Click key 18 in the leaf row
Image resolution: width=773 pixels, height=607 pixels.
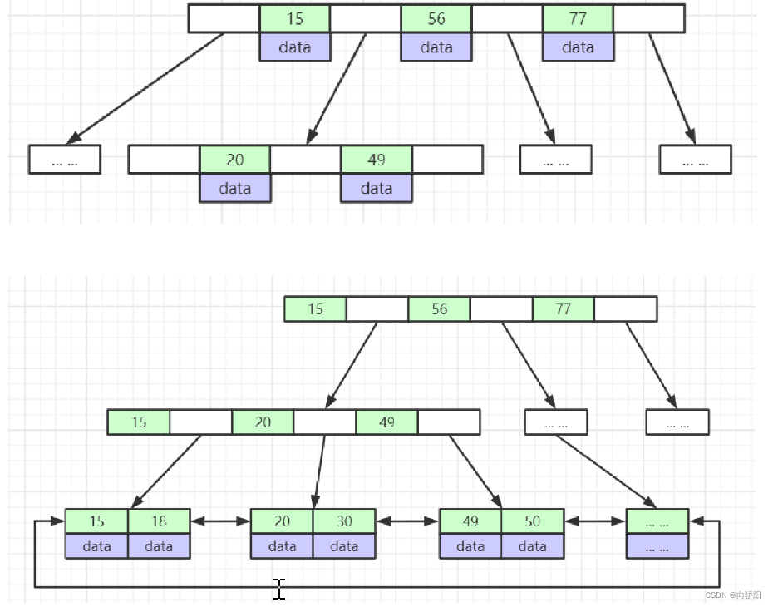(x=159, y=521)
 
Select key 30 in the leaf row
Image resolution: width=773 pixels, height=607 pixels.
(x=344, y=521)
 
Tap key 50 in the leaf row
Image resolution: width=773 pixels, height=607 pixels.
(x=532, y=521)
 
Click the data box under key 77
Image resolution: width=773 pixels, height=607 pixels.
(x=578, y=47)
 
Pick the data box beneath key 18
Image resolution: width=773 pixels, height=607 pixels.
(x=159, y=546)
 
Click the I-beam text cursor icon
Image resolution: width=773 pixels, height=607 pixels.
(x=279, y=589)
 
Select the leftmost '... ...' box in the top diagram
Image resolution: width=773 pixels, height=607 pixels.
(x=65, y=160)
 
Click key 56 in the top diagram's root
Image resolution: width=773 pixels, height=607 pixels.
(x=436, y=18)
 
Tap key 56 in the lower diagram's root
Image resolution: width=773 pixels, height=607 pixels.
(x=439, y=309)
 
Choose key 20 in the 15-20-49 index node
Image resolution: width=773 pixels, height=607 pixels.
(x=263, y=422)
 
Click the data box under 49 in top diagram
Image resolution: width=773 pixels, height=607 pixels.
(x=377, y=189)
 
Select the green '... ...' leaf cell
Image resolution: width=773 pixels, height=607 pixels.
(x=657, y=521)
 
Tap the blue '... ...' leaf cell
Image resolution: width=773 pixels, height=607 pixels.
(x=657, y=546)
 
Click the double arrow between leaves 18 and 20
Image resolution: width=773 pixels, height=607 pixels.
(x=220, y=521)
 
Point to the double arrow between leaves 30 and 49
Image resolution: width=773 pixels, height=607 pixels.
(x=407, y=521)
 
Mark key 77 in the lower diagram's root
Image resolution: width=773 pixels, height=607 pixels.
(x=563, y=309)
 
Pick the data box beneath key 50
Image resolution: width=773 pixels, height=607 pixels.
(x=532, y=546)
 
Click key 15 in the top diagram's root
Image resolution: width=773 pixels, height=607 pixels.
(x=294, y=18)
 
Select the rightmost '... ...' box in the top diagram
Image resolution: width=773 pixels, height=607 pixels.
(x=695, y=160)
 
